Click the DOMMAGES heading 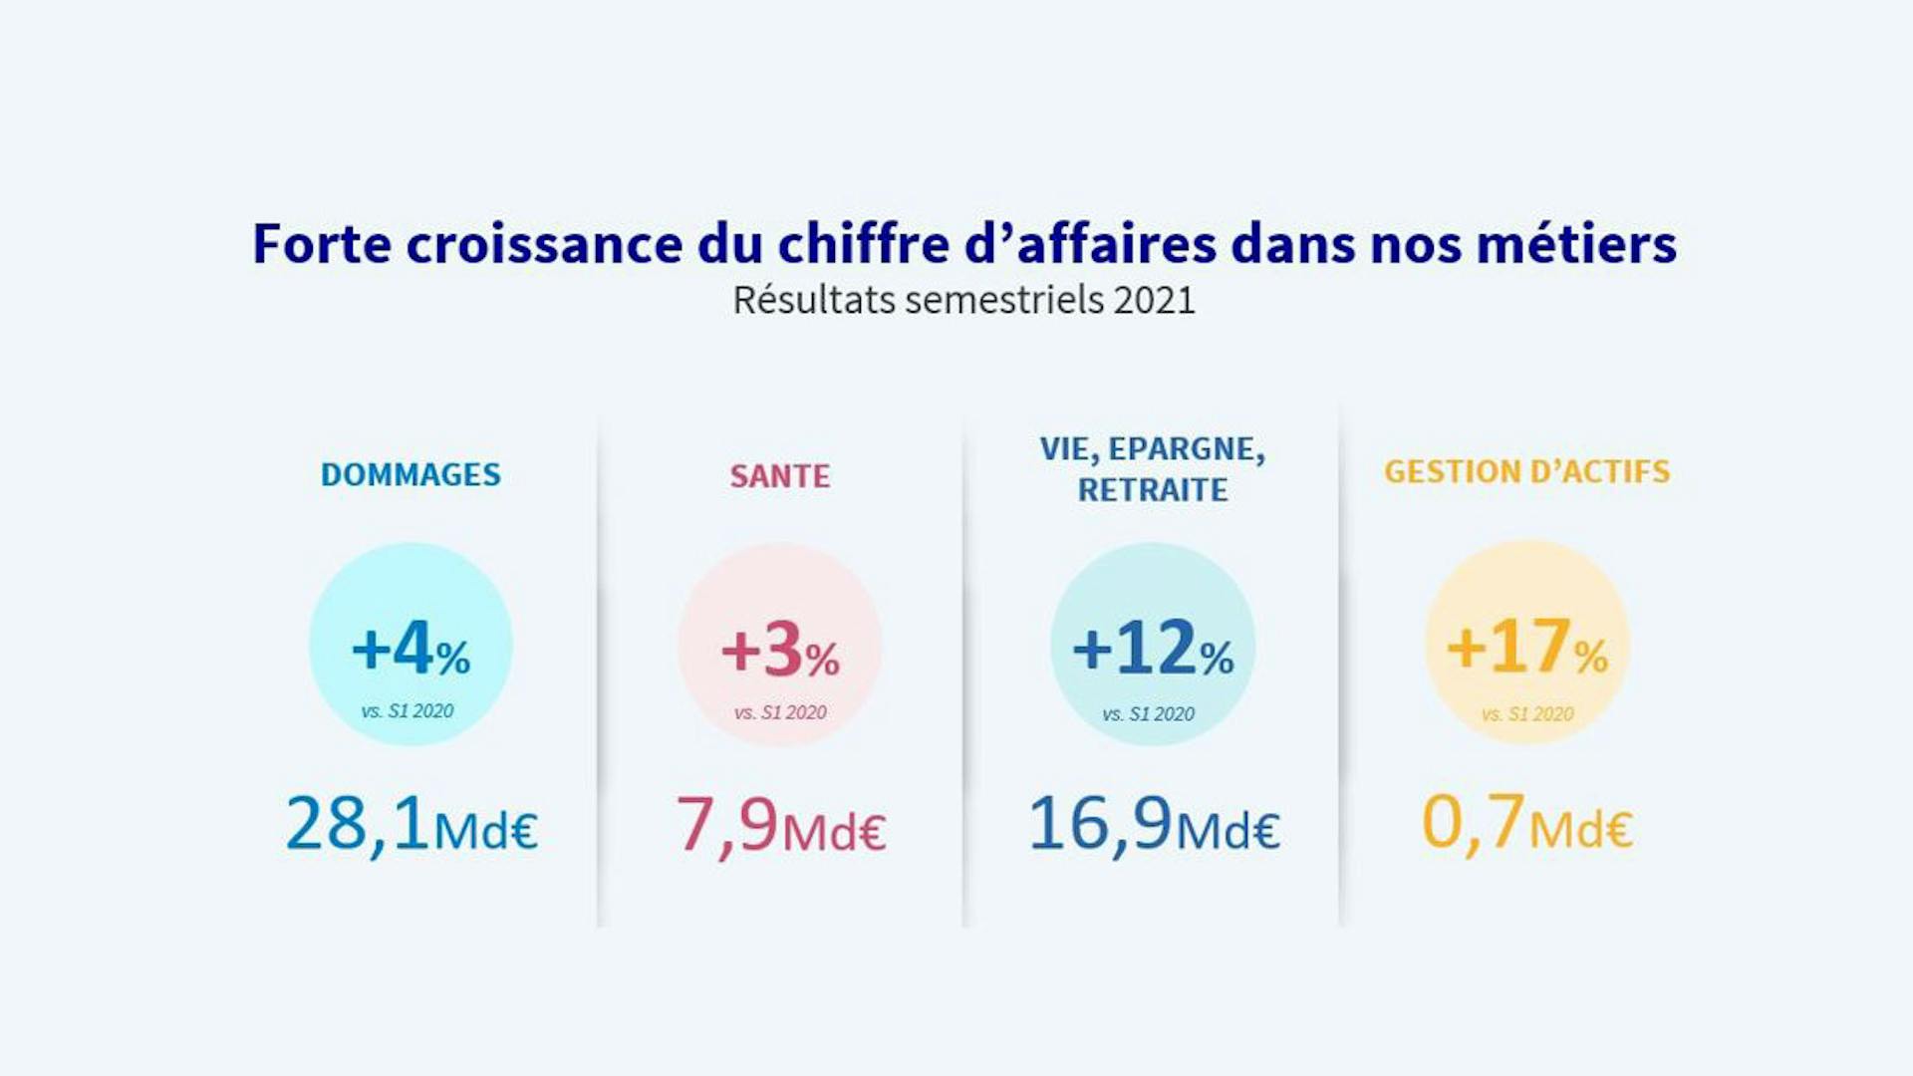410,474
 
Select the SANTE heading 779,476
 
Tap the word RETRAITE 1153,490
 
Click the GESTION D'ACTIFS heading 1526,471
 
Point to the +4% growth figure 410,649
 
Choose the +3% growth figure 780,651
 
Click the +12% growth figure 1153,649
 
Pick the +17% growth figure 1526,648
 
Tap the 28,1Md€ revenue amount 411,825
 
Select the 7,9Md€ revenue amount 780,826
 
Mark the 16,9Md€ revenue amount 1154,825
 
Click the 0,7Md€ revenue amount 1526,824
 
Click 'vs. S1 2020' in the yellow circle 1527,714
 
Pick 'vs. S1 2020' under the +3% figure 780,712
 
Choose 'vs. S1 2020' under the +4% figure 408,711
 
